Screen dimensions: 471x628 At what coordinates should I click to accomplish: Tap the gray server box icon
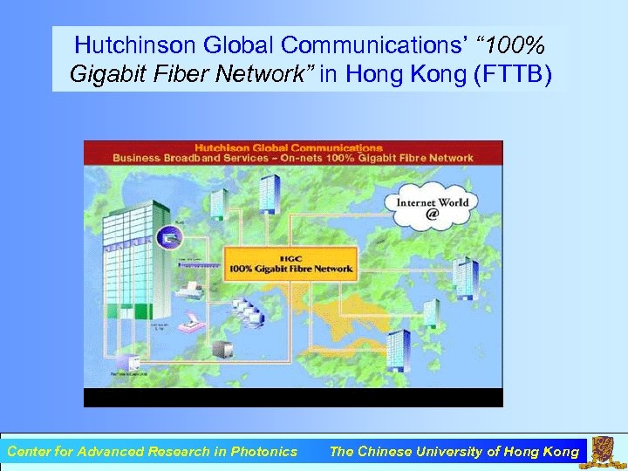[222, 350]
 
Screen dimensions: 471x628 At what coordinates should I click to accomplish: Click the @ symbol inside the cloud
[432, 215]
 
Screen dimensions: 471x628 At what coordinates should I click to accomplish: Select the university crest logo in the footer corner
[604, 451]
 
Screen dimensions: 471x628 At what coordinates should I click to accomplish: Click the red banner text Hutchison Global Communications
[288, 147]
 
